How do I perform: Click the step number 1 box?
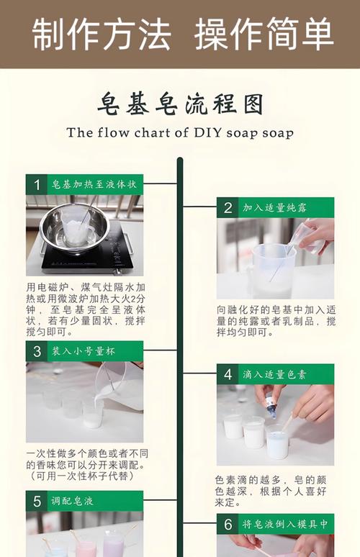tap(36, 184)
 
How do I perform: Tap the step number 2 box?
tap(228, 208)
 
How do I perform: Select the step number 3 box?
tap(36, 351)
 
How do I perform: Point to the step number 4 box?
tap(228, 374)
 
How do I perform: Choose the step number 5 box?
tap(36, 502)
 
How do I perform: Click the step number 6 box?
tap(228, 525)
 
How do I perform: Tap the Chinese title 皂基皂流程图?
tap(180, 104)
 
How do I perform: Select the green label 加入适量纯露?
tap(274, 208)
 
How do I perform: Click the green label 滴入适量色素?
tap(274, 374)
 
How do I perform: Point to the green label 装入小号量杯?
tap(84, 351)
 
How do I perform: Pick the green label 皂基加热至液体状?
tap(94, 184)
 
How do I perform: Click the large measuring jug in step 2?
tap(271, 270)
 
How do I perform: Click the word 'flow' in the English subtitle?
tap(113, 132)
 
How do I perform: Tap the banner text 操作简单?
tap(264, 35)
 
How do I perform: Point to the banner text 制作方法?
tap(102, 35)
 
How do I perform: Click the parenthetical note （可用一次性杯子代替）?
tap(82, 476)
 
